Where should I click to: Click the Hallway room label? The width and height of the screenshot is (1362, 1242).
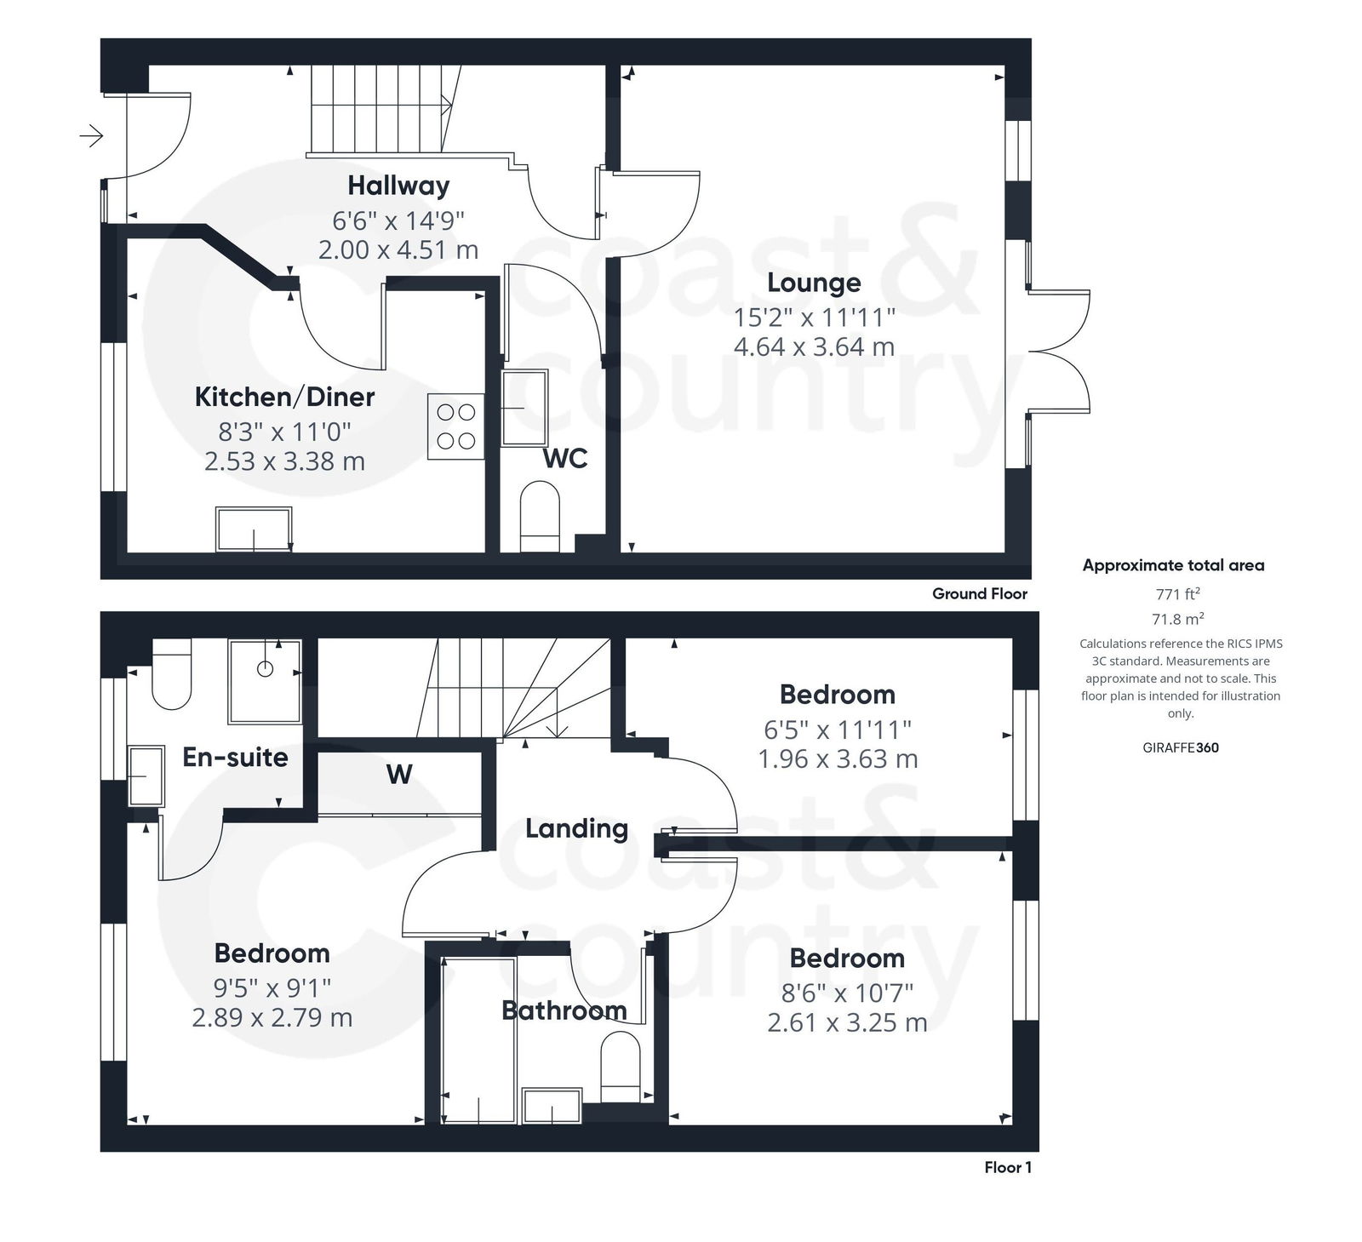pyautogui.click(x=398, y=186)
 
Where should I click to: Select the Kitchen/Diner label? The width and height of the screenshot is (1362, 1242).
pyautogui.click(x=284, y=397)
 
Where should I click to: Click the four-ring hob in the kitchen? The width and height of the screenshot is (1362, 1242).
pyautogui.click(x=456, y=426)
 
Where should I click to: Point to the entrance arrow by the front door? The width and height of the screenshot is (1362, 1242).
pyautogui.click(x=91, y=135)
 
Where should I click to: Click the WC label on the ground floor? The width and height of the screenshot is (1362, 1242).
pyautogui.click(x=565, y=459)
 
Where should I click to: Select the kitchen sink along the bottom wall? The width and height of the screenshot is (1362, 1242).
pyautogui.click(x=254, y=529)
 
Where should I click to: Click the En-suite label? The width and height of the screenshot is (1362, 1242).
pyautogui.click(x=235, y=758)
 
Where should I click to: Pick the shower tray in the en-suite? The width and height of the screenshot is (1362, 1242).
pyautogui.click(x=265, y=682)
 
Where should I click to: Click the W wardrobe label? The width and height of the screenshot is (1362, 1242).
pyautogui.click(x=398, y=774)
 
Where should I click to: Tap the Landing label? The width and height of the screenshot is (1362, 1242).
pyautogui.click(x=576, y=828)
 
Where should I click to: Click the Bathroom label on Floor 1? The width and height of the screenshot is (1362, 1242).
pyautogui.click(x=564, y=1010)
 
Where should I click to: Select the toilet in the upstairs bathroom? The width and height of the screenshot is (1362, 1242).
pyautogui.click(x=620, y=1067)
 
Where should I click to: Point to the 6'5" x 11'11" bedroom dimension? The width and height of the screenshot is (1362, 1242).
pyautogui.click(x=837, y=730)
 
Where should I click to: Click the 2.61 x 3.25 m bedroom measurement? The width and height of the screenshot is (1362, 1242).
pyautogui.click(x=846, y=1022)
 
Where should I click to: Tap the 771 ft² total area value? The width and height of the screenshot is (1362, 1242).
pyautogui.click(x=1178, y=594)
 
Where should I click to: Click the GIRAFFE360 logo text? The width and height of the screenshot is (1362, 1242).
pyautogui.click(x=1180, y=748)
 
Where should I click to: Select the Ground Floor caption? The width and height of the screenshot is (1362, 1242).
pyautogui.click(x=979, y=594)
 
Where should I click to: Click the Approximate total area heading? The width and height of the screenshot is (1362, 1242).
pyautogui.click(x=1173, y=565)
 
